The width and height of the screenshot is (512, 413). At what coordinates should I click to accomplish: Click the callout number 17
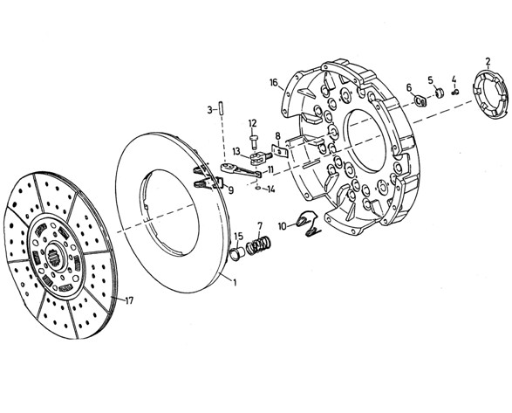click(129, 300)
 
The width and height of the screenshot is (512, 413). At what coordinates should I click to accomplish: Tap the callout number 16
click(274, 82)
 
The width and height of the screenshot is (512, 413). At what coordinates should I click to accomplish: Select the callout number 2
click(488, 61)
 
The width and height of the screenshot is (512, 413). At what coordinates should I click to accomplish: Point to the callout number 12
click(252, 123)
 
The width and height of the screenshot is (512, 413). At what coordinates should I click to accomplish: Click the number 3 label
click(209, 109)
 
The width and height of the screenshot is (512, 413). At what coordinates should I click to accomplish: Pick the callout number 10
click(283, 226)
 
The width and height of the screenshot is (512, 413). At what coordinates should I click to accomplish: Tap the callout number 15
click(239, 236)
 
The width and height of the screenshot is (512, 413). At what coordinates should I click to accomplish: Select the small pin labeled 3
click(221, 107)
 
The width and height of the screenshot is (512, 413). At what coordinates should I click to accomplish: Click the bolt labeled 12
click(254, 141)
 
